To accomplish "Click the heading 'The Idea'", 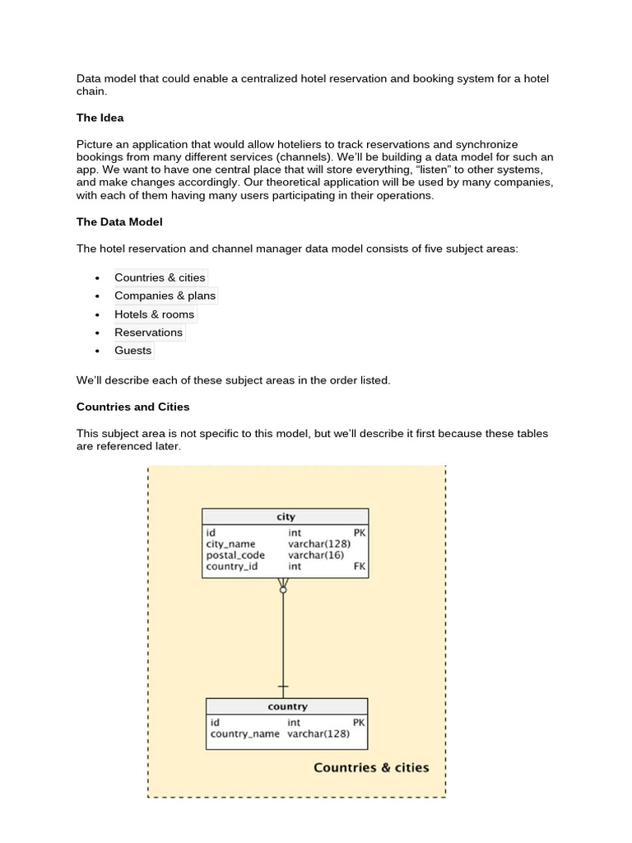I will (x=100, y=118).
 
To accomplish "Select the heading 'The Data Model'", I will (x=119, y=221).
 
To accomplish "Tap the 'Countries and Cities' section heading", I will (x=132, y=407).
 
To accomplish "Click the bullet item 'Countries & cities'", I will (x=160, y=277).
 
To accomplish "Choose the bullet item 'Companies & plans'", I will (x=165, y=296).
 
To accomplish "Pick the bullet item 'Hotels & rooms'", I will (x=154, y=314).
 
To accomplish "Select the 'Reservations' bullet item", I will (x=148, y=332).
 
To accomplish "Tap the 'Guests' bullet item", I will (x=132, y=350).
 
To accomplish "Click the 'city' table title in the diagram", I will (x=286, y=517).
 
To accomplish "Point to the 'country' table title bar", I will (x=286, y=706).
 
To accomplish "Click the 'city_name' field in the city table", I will (x=230, y=544).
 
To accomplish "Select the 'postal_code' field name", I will (x=235, y=555).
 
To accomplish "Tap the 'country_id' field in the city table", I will (x=232, y=566).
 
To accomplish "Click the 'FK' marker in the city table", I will (x=359, y=566).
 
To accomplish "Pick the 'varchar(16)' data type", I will (x=316, y=555).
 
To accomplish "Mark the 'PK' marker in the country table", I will (x=358, y=723).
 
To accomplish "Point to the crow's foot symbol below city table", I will (x=283, y=586).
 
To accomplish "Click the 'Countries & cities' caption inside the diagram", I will (x=371, y=767).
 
